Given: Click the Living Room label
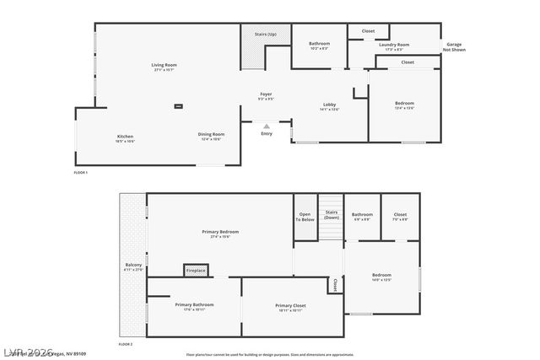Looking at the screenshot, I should (164, 65).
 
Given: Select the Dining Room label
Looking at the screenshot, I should (211, 135).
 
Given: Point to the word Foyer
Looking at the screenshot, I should (265, 94).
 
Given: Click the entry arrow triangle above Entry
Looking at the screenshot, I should (267, 126).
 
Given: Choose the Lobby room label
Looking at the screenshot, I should (329, 105).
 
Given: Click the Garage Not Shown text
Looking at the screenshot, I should (455, 46).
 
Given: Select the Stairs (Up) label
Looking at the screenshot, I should (265, 34).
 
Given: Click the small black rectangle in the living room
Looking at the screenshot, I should (179, 106).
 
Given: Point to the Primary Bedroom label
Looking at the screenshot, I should (220, 231).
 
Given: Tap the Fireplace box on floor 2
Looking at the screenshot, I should (196, 271).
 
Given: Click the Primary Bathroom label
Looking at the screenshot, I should (194, 304).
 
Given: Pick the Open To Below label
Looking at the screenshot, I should (305, 217).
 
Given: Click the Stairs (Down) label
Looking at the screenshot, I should (331, 215).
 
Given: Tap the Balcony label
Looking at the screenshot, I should (133, 266).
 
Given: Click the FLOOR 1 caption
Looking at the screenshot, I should (81, 172).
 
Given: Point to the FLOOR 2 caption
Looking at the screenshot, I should (126, 345).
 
